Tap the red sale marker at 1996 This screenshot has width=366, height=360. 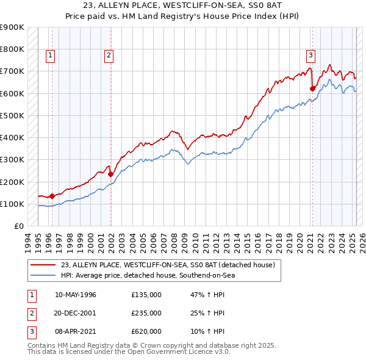(52, 196)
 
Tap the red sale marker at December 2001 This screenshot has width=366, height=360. (110, 174)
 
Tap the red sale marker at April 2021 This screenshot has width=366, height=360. (312, 88)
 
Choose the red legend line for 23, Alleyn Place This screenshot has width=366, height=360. (43, 265)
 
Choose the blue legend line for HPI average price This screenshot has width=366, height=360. (43, 275)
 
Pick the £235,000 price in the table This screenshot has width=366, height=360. (146, 313)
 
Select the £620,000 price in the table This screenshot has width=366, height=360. (146, 331)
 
